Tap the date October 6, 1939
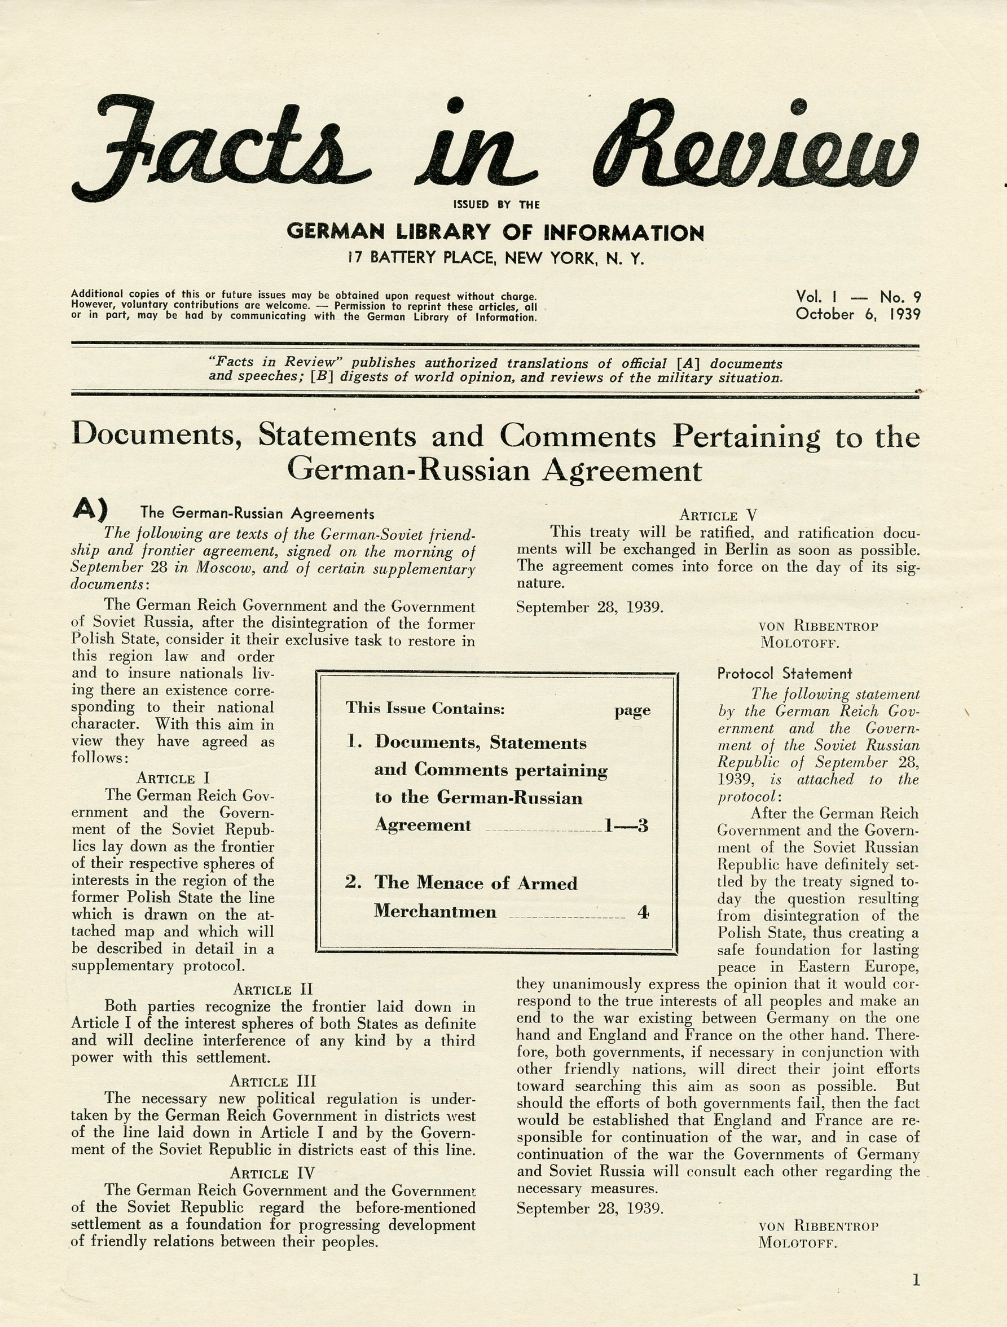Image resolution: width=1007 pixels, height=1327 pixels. tap(858, 314)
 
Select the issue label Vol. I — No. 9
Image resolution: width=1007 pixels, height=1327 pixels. tap(858, 297)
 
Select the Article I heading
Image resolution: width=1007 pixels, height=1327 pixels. tap(173, 779)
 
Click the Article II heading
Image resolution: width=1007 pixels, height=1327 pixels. tap(273, 990)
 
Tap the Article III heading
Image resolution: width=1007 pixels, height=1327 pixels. tap(273, 1082)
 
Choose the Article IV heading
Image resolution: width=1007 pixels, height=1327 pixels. tap(273, 1174)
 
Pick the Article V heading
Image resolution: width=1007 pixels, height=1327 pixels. tap(718, 515)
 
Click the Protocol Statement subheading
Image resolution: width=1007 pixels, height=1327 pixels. tap(785, 674)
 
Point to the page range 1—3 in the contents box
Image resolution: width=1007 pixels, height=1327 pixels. tap(626, 826)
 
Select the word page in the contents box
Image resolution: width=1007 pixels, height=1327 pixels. tap(632, 711)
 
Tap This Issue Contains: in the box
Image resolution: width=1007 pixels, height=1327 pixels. tap(425, 709)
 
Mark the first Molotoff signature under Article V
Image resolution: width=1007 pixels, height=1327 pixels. tap(799, 643)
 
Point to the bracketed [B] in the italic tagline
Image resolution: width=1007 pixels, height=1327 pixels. tap(322, 378)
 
